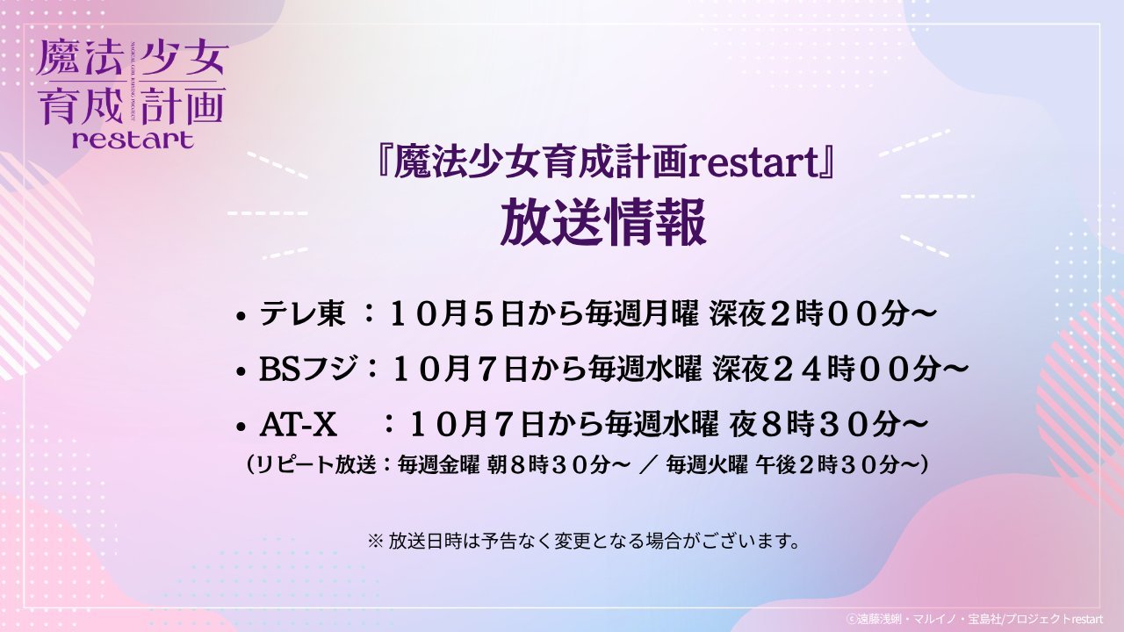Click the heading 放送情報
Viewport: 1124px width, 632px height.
pyautogui.click(x=603, y=223)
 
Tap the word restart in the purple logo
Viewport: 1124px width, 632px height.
pyautogui.click(x=133, y=140)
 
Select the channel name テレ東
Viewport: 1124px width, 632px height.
pyautogui.click(x=302, y=315)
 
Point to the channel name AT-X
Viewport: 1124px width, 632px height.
pyautogui.click(x=298, y=426)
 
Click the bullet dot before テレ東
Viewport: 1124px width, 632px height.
pyautogui.click(x=241, y=317)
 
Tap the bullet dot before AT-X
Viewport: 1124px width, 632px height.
pyautogui.click(x=241, y=427)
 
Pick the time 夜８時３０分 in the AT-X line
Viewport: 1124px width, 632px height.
pyautogui.click(x=813, y=426)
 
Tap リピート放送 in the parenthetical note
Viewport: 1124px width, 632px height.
pyautogui.click(x=315, y=465)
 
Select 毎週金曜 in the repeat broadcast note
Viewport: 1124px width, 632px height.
pyautogui.click(x=438, y=465)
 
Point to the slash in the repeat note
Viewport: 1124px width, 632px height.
pyautogui.click(x=648, y=465)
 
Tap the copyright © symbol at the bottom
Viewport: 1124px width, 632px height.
pyautogui.click(x=850, y=620)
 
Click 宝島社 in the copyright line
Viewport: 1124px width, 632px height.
pyautogui.click(x=983, y=620)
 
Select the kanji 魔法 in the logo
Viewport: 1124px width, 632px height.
pyautogui.click(x=80, y=58)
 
